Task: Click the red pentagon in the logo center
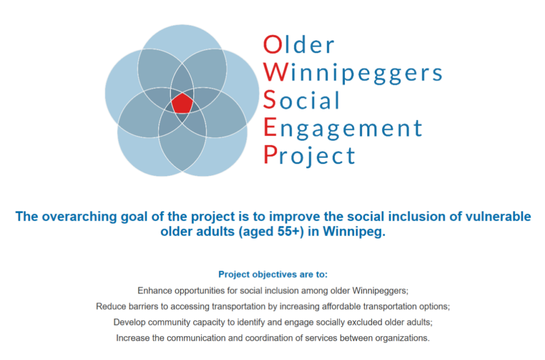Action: pos(182,103)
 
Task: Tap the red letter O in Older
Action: pos(273,44)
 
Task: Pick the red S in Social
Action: pos(269,100)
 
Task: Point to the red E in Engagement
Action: pos(270,127)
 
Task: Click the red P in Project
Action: pos(270,154)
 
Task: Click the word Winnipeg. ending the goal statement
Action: pos(354,232)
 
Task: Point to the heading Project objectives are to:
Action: pos(273,274)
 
